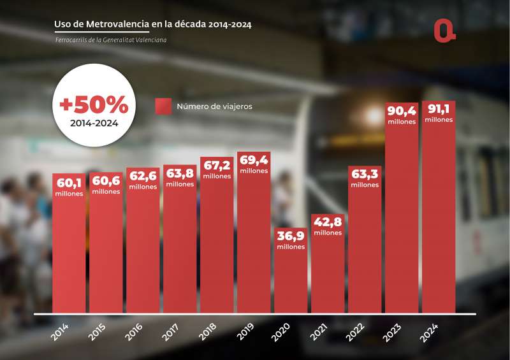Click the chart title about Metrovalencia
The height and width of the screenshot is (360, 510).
tap(153, 25)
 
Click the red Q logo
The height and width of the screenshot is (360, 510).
tap(444, 31)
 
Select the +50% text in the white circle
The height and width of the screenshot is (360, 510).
tap(94, 104)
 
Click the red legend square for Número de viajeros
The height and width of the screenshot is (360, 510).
tap(163, 106)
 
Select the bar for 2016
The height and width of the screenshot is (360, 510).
tap(143, 255)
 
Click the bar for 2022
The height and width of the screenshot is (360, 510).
tap(365, 248)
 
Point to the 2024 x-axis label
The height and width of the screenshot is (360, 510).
tap(429, 331)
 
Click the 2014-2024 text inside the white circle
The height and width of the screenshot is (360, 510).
tap(94, 122)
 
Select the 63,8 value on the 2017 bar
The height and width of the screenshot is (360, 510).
tap(180, 174)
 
